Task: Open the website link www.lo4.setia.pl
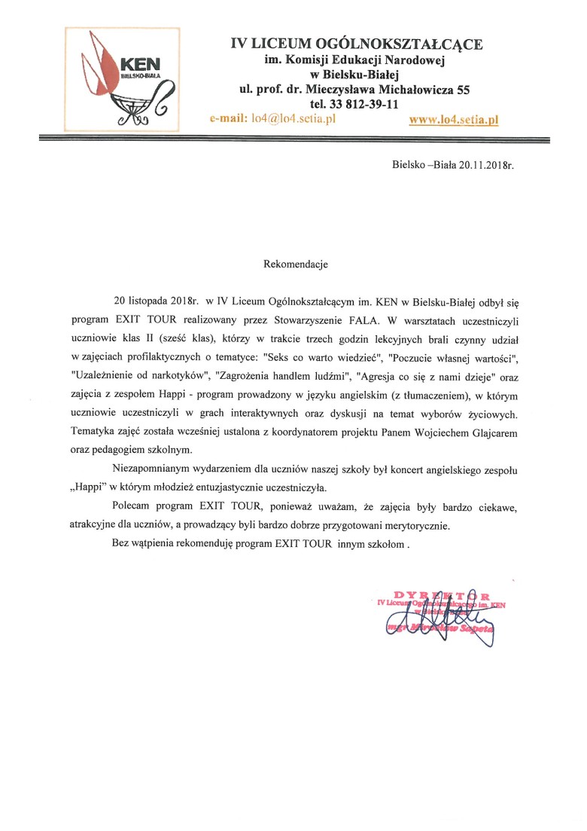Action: (454, 119)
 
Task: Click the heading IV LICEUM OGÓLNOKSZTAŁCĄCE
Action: (357, 44)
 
